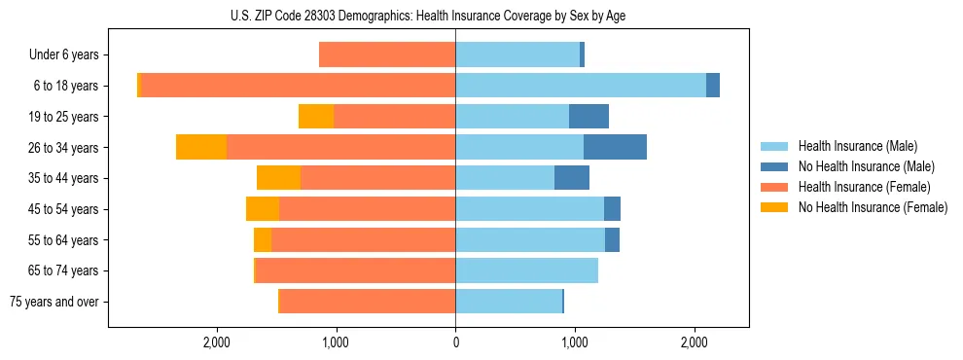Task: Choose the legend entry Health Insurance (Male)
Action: (857, 146)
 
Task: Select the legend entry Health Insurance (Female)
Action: (864, 187)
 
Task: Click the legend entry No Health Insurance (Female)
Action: (872, 207)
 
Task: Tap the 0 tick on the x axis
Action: (455, 342)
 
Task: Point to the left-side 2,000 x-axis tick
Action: (216, 342)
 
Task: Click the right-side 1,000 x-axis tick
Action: (575, 342)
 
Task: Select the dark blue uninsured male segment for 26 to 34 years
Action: (615, 147)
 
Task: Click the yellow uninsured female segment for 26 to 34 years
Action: (201, 147)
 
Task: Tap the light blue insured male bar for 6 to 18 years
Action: (581, 86)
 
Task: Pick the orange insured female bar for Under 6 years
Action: (387, 55)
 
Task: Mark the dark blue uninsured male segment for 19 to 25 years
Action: (588, 117)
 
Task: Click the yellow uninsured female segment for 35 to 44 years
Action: (278, 178)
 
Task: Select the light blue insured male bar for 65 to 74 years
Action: (526, 270)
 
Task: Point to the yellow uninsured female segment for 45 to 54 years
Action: (263, 209)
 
